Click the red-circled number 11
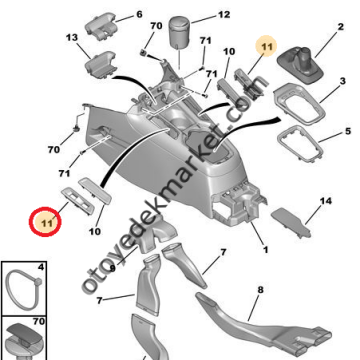point(47,220)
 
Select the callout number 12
point(223,14)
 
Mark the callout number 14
point(325,201)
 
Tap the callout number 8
point(258,291)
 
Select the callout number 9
point(112,268)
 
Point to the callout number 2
point(347,93)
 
